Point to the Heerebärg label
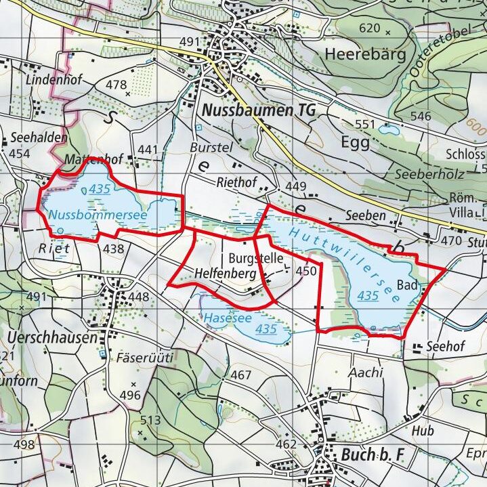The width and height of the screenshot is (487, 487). tap(364, 54)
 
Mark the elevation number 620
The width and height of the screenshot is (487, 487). tap(370, 28)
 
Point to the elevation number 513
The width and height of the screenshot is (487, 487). tap(150, 421)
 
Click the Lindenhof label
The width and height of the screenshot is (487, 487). tap(54, 80)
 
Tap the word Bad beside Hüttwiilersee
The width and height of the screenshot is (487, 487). tap(406, 284)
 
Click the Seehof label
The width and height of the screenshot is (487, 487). tap(445, 347)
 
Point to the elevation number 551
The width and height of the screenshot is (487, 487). tap(365, 124)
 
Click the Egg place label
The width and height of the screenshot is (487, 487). tap(356, 143)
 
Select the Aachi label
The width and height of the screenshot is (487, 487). tap(366, 373)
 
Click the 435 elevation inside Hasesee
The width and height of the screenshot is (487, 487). tap(267, 329)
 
